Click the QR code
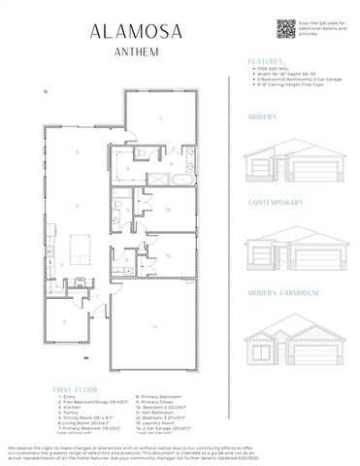pyautogui.click(x=284, y=29)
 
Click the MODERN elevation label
pyautogui.click(x=262, y=116)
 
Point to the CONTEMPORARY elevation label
pyautogui.click(x=275, y=203)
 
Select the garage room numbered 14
pyautogui.click(x=153, y=327)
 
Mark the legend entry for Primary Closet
pyautogui.click(x=161, y=401)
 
